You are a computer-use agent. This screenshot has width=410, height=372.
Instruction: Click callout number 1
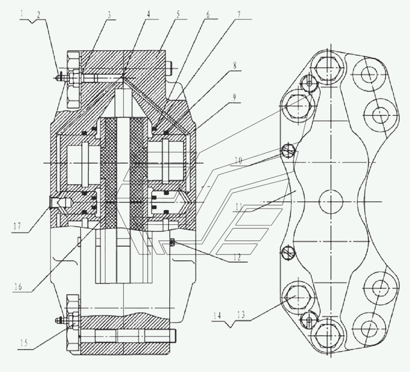[x=22, y=14]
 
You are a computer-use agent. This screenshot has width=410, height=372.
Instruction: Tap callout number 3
[x=110, y=15]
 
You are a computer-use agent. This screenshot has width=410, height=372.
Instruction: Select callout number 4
[x=148, y=14]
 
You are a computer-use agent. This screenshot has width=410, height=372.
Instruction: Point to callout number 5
[x=178, y=14]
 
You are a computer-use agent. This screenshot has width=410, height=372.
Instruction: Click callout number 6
[x=208, y=15]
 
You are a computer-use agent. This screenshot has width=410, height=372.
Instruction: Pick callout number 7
[x=238, y=15]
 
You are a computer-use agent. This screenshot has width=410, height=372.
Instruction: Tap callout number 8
[x=234, y=66]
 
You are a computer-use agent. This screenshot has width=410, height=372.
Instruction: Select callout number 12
[x=237, y=257]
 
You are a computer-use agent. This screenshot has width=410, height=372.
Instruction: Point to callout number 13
[x=241, y=315]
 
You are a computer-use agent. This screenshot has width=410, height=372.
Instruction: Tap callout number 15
[x=24, y=343]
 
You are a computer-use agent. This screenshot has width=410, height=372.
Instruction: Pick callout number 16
[x=18, y=287]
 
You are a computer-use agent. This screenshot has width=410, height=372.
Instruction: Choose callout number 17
[x=17, y=226]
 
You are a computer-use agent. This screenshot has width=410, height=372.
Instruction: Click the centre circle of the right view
[x=331, y=202]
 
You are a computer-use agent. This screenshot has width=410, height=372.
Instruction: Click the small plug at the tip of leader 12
[x=172, y=243]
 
